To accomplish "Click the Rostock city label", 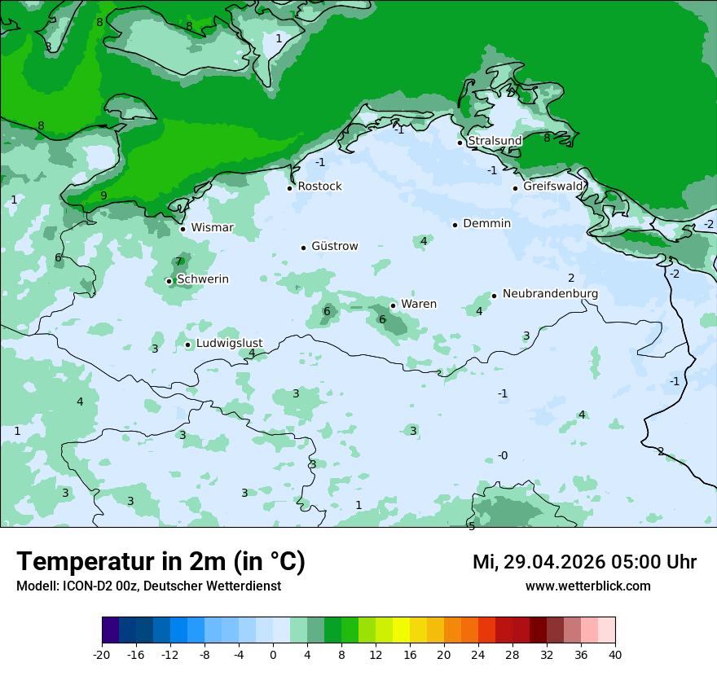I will pos(319,187).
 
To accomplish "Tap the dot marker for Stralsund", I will pos(460,143).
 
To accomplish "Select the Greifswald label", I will pos(553,187).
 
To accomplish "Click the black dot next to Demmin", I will pos(455,225).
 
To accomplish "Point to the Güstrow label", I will pos(334,246).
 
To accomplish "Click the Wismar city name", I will pos(212,228).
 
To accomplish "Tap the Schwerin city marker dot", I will pos(169,281).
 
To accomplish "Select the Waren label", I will pos(419,305).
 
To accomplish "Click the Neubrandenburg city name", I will pos(550,294).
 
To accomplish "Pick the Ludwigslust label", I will pos(229,344).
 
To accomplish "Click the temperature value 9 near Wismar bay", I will pos(103,196).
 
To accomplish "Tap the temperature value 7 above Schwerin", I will pos(179,262).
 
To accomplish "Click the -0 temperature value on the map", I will pos(503,455).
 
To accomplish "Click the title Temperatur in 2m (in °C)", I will pos(161,562).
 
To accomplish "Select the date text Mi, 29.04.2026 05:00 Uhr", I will pos(584,562).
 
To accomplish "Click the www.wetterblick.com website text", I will pos(587,586).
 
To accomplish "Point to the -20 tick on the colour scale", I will pos(102,655).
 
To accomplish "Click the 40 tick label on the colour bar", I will pos(615,655).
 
